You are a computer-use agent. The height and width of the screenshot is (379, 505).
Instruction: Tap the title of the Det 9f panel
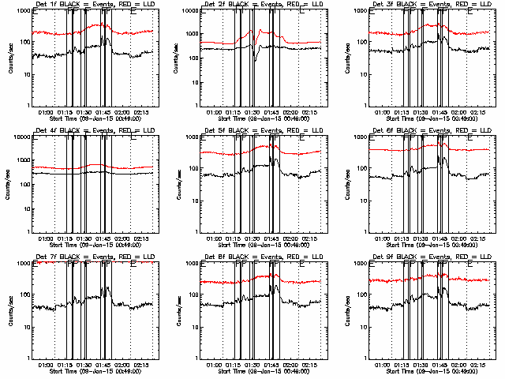pyautogui.click(x=431, y=257)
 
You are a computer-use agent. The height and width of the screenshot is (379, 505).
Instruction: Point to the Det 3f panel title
pyautogui.click(x=431, y=6)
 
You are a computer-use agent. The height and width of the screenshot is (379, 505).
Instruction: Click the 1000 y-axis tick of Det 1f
pyautogui.click(x=23, y=12)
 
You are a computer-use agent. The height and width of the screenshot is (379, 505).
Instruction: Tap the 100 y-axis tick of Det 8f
pyautogui.click(x=193, y=295)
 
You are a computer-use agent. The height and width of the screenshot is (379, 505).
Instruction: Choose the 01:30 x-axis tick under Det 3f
pyautogui.click(x=422, y=112)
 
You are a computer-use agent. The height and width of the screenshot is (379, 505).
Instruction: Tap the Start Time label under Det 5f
pyautogui.click(x=262, y=244)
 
